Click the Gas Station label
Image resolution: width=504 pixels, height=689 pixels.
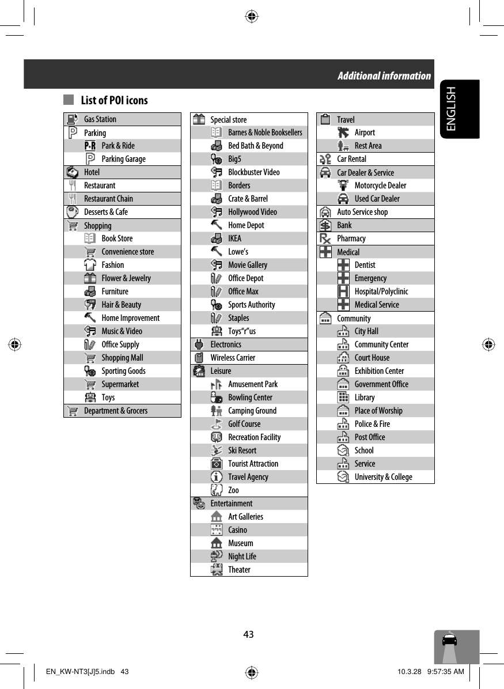100,119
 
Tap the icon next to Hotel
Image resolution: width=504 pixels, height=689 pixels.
72,172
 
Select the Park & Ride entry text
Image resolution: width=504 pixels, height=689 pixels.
118,146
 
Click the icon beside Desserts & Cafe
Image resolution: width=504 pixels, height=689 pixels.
72,212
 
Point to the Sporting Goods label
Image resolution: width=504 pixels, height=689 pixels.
123,371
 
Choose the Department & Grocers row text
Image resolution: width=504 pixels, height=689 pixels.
115,411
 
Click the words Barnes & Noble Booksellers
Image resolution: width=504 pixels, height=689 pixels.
265,132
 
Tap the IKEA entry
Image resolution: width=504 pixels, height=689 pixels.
235,238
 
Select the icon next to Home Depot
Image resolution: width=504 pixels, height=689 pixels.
217,225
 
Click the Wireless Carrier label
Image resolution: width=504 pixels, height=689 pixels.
233,358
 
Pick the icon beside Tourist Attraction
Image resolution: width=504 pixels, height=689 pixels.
217,464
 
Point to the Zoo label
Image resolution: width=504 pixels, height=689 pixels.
233,490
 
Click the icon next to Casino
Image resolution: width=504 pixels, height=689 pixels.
217,530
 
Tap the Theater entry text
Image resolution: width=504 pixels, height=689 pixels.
239,570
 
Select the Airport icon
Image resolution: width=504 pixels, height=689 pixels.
343,132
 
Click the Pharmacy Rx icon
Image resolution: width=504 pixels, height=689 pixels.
325,238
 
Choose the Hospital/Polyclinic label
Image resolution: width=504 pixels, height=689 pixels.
381,291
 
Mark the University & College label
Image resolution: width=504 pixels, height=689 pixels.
383,477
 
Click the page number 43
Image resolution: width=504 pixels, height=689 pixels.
248,634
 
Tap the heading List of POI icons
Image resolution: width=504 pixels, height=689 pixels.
114,100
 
